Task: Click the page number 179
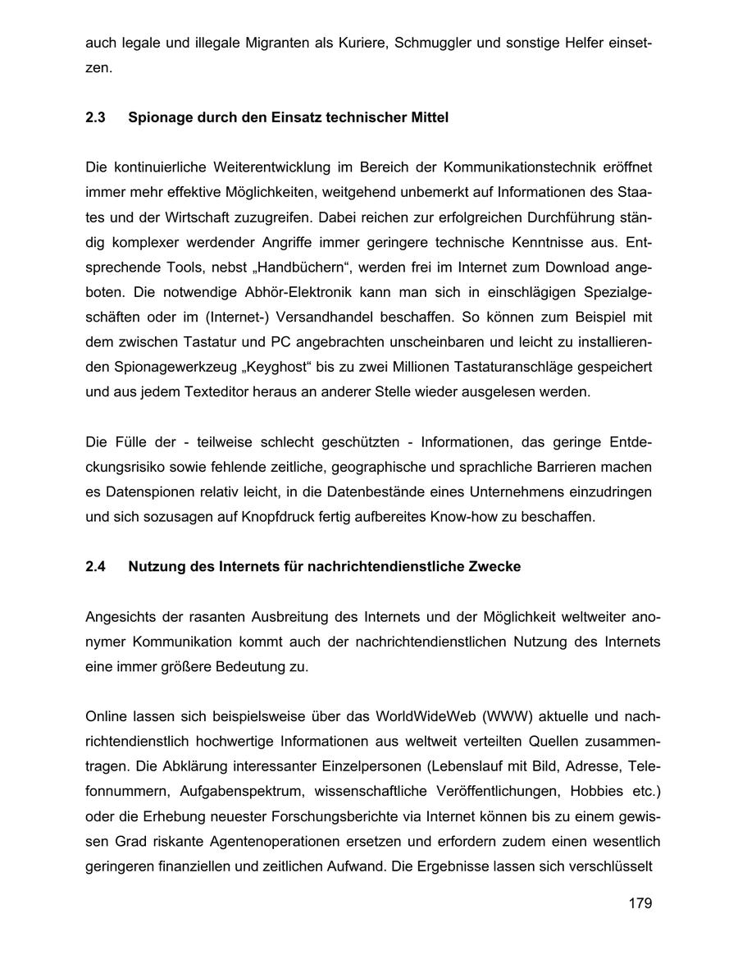[640, 903]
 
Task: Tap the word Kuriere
[357, 41]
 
